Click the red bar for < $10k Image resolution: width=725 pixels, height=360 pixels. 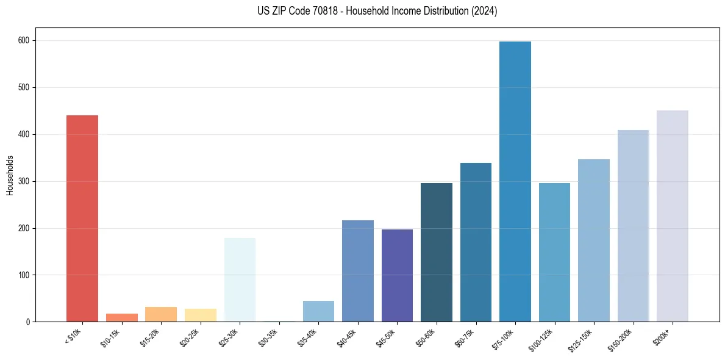pos(82,218)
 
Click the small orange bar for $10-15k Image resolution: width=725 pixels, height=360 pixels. pos(121,317)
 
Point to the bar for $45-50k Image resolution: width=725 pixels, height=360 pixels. pos(397,275)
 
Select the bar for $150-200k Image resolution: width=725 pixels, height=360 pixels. pos(633,226)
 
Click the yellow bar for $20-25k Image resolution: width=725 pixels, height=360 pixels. pos(201,315)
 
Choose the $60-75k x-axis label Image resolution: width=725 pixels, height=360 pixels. pos(465,338)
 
